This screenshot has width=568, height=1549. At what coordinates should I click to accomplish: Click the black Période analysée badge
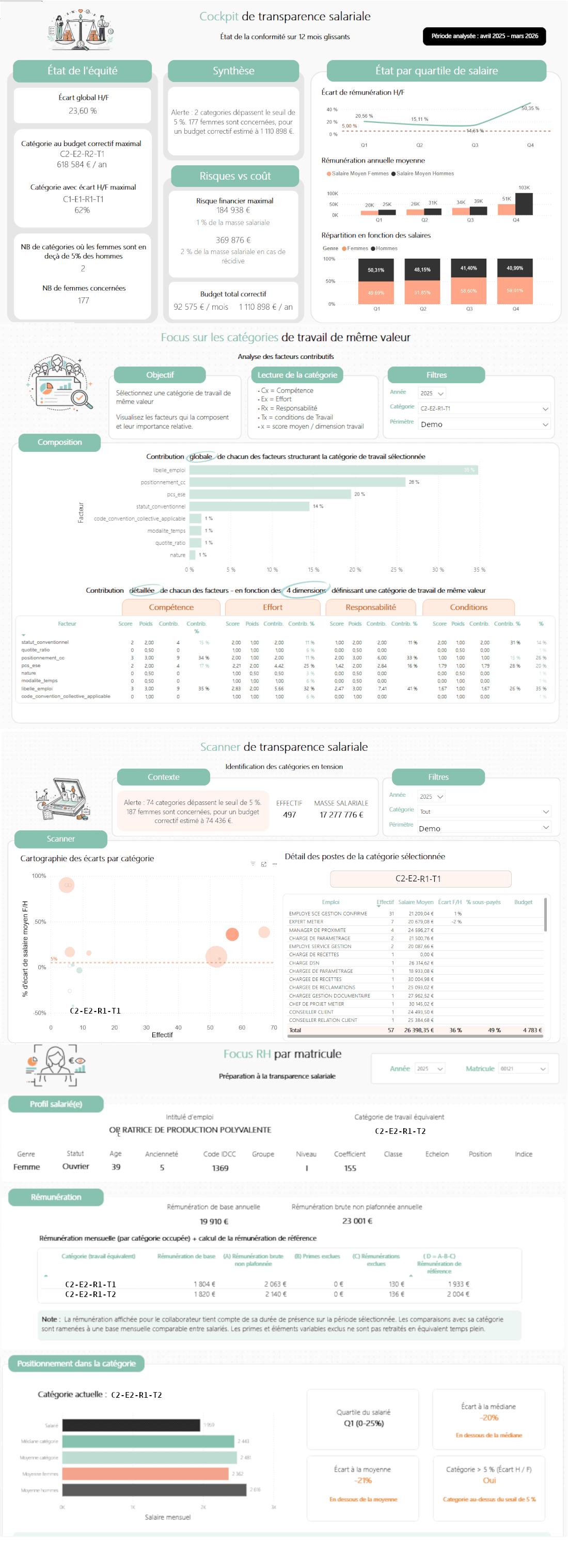pyautogui.click(x=484, y=36)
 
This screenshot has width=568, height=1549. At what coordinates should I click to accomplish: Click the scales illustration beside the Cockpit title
pyautogui.click(x=80, y=30)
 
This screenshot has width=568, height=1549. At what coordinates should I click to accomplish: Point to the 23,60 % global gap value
pyautogui.click(x=82, y=110)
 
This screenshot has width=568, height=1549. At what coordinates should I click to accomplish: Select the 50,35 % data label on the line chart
pyautogui.click(x=530, y=108)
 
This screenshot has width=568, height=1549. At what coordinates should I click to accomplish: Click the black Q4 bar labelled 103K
pyautogui.click(x=524, y=204)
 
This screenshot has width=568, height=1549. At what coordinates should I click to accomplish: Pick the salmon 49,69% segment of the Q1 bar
pyautogui.click(x=376, y=292)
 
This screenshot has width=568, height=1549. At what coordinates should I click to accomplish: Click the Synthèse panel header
pyautogui.click(x=233, y=71)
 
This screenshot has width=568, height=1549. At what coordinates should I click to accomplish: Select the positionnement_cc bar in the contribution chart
pyautogui.click(x=297, y=482)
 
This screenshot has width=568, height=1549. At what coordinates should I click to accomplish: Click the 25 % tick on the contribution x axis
pyautogui.click(x=397, y=570)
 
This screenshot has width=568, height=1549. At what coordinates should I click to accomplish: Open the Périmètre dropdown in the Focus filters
pyautogui.click(x=484, y=424)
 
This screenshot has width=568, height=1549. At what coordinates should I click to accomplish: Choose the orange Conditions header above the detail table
pyautogui.click(x=468, y=607)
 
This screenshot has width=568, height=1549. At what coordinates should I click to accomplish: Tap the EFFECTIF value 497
pyautogui.click(x=289, y=815)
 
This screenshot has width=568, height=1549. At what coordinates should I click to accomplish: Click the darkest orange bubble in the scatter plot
pyautogui.click(x=232, y=934)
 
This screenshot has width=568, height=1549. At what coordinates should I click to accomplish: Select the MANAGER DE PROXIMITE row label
pyautogui.click(x=319, y=930)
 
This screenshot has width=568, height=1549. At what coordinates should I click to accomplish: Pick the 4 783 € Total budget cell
pyautogui.click(x=532, y=1030)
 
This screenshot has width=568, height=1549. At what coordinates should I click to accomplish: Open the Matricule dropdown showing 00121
pyautogui.click(x=523, y=1068)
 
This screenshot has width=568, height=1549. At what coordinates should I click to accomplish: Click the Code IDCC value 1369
pyautogui.click(x=220, y=1168)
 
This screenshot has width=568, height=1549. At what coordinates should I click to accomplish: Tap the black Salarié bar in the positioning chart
pyautogui.click(x=131, y=1425)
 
